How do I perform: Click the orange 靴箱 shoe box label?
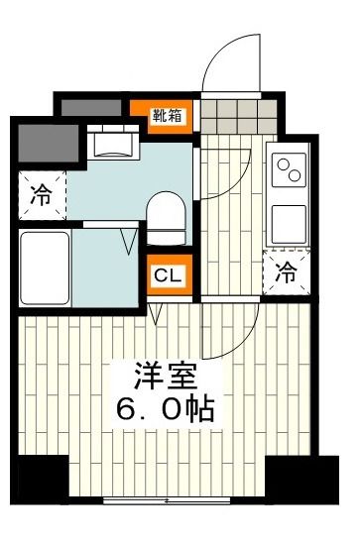(167, 116)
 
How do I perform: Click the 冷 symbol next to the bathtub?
(40, 194)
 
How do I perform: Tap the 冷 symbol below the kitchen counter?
(286, 273)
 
